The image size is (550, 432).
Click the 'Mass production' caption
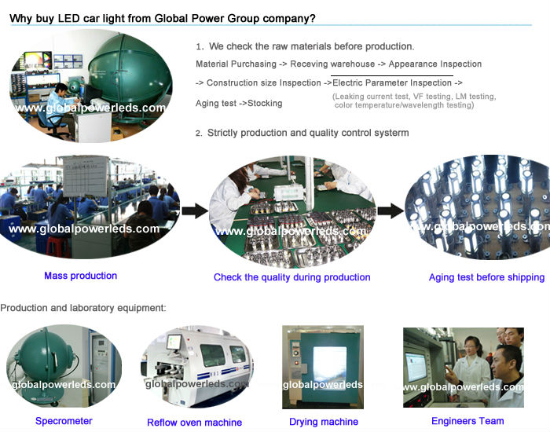[x=80, y=276]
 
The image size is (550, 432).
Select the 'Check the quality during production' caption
[x=291, y=277]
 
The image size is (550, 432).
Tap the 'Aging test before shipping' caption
[x=486, y=277]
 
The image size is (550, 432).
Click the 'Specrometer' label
[x=64, y=421]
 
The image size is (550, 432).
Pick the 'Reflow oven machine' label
[x=194, y=423]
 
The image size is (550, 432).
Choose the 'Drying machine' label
[x=323, y=422]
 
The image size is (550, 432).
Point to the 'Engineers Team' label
[x=469, y=421]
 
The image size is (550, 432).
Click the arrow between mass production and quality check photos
[x=195, y=210]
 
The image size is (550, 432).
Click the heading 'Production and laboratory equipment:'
[x=83, y=308]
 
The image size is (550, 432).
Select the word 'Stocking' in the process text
[x=265, y=104]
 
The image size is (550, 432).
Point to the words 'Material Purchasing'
[x=236, y=64]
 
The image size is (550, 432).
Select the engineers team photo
[x=463, y=367]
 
